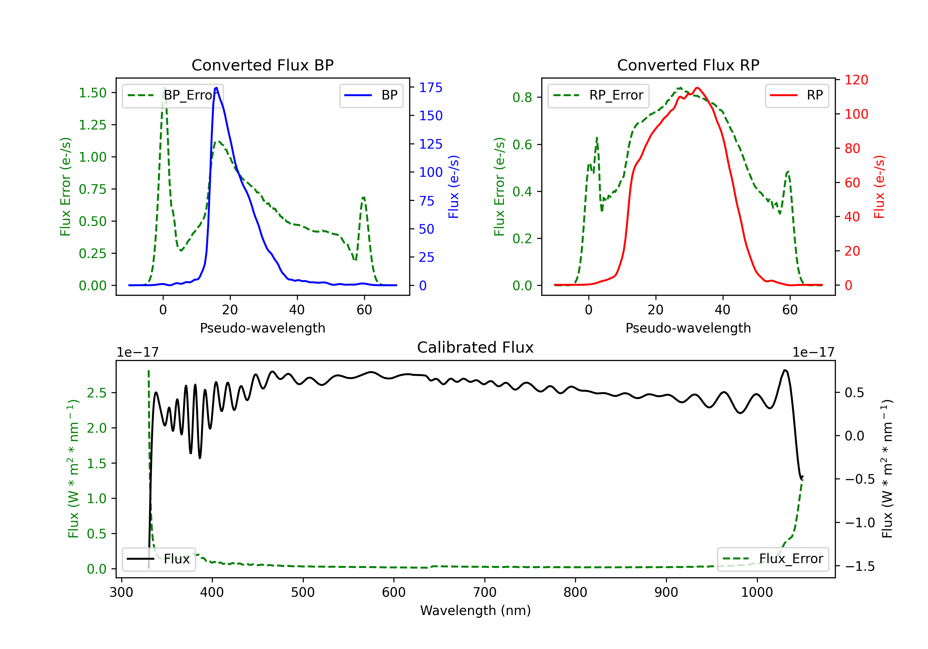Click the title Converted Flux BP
click(x=262, y=65)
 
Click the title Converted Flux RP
click(x=688, y=65)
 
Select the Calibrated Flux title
click(x=475, y=347)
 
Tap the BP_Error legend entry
click(x=173, y=95)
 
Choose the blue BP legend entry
click(x=371, y=95)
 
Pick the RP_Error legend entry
click(x=598, y=95)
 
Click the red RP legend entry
click(x=797, y=95)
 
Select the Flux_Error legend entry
click(x=773, y=559)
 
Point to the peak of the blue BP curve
click(x=217, y=88)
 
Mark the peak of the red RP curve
click(x=697, y=88)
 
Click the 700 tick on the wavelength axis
click(x=485, y=592)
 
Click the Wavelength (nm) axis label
click(x=475, y=611)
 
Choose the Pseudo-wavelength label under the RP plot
click(x=688, y=328)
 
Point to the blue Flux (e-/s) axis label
click(x=453, y=187)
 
